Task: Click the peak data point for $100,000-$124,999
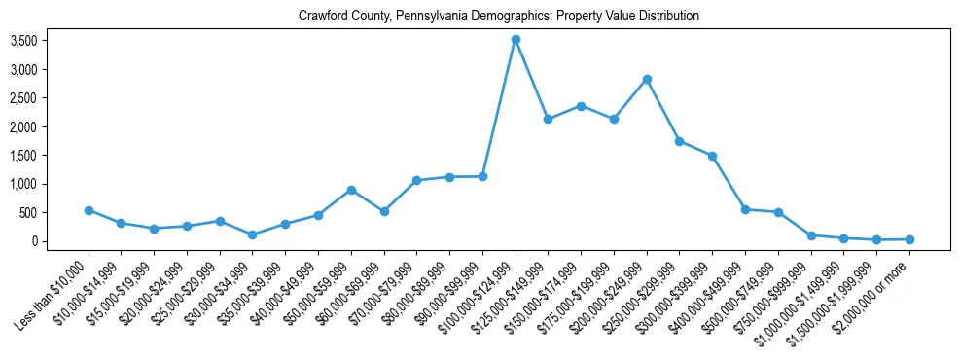[516, 39]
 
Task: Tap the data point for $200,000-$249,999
[647, 79]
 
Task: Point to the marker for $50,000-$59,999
[351, 190]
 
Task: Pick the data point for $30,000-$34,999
[253, 234]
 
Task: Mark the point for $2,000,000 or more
[909, 239]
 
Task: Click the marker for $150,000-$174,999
[581, 106]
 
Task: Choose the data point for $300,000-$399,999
[712, 156]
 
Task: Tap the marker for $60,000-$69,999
[384, 211]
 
